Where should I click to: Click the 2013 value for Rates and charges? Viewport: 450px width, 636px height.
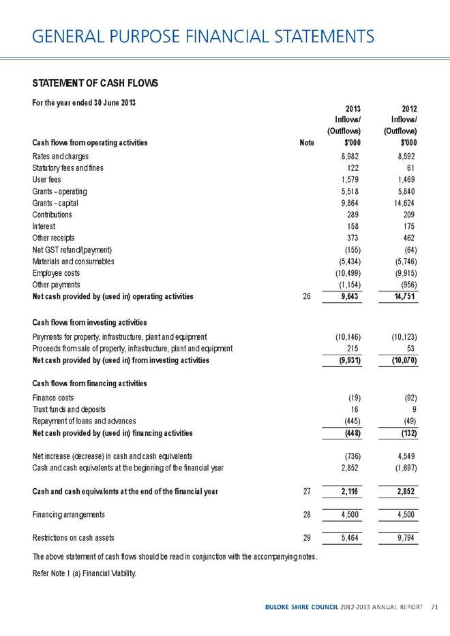point(350,157)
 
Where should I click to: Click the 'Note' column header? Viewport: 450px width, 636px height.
point(307,143)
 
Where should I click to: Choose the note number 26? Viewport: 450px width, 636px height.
point(307,296)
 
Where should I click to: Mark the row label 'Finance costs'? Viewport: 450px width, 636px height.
point(53,398)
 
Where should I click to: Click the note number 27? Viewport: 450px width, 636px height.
point(307,492)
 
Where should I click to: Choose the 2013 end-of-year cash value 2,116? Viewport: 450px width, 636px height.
point(348,492)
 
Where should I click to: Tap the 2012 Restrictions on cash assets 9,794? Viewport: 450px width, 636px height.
point(404,537)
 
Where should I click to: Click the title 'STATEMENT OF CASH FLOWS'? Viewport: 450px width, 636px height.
point(95,83)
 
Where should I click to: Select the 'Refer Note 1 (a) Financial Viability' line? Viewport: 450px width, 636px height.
point(85,573)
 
